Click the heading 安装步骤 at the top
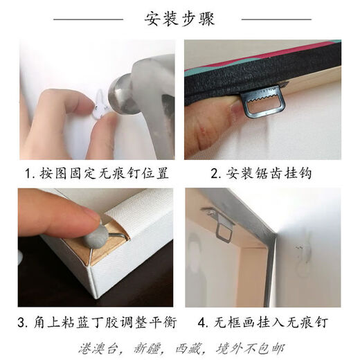click(180, 19)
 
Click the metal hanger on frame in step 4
click(222, 225)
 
